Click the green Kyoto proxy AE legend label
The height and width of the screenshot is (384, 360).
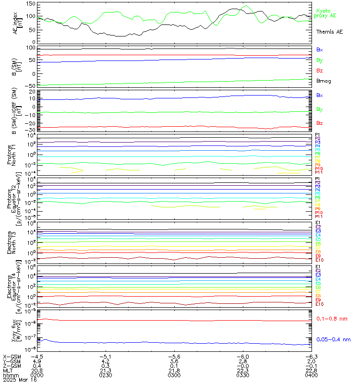pos(326,13)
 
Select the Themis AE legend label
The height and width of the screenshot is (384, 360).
pos(329,31)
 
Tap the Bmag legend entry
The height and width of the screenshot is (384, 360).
pos(323,81)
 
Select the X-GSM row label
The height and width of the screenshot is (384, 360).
pos(12,357)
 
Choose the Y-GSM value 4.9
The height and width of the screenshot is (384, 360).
pos(37,360)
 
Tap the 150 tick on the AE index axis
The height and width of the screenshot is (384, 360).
pos(31,4)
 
